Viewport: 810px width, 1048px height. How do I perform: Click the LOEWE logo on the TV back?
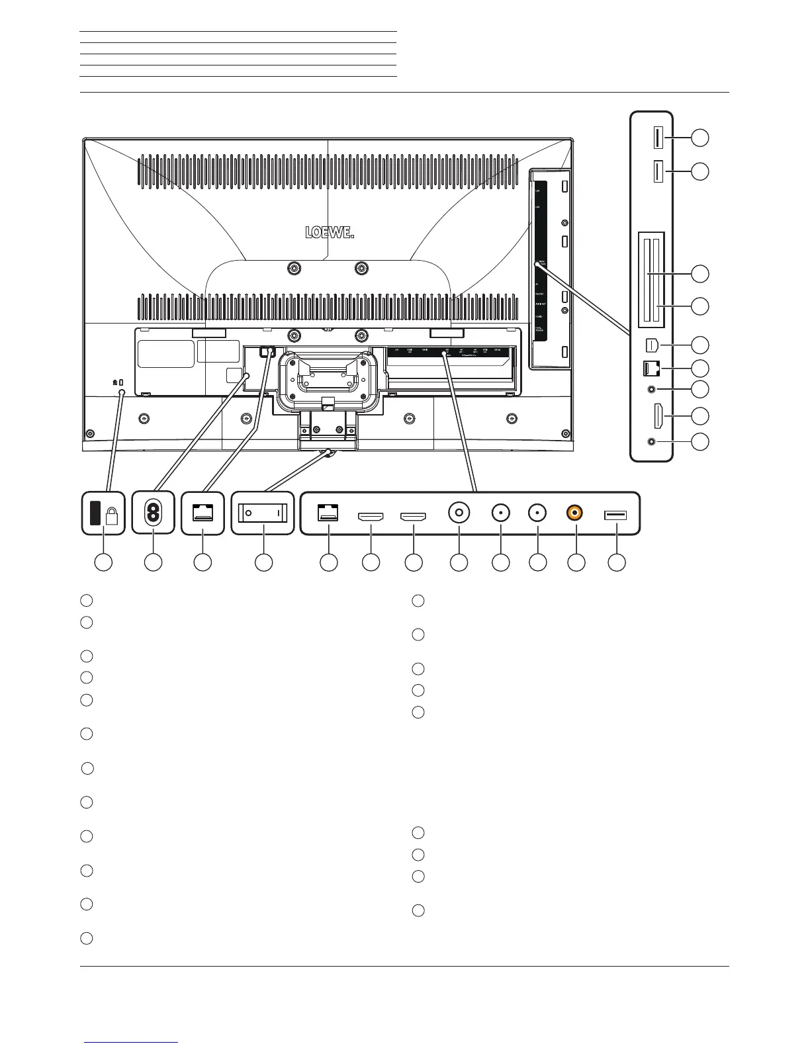coord(329,232)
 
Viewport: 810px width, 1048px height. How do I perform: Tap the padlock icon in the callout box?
coord(111,517)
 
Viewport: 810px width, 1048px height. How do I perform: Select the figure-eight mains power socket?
coord(153,513)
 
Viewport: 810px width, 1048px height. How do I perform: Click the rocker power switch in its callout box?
coord(263,513)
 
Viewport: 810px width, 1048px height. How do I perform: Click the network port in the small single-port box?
coord(202,513)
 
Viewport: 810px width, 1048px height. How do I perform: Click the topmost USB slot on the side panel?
coord(658,138)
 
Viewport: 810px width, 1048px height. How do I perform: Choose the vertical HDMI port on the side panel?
coord(659,416)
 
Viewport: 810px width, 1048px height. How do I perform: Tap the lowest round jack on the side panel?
coord(654,441)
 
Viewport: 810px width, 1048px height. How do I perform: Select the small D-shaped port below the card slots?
coord(653,345)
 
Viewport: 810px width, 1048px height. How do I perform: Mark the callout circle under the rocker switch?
coord(263,562)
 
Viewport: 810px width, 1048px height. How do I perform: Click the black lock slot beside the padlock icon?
coord(93,513)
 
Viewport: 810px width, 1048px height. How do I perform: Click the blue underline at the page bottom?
coord(131,1043)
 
